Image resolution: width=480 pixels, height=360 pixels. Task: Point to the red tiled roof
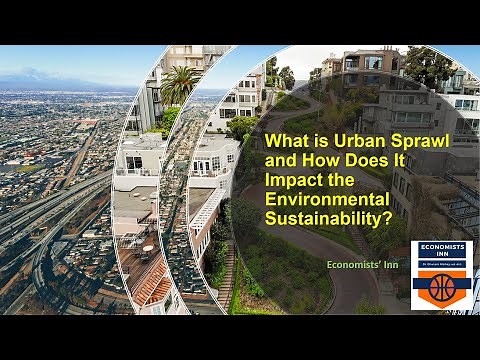coord(152,289)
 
